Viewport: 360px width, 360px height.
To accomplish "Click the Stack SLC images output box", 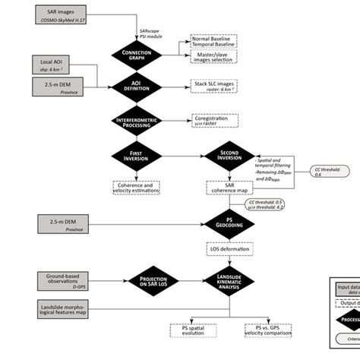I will click(x=217, y=87).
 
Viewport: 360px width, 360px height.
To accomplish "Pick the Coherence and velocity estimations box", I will click(x=137, y=187).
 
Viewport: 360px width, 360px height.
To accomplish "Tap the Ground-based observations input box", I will click(x=52, y=279).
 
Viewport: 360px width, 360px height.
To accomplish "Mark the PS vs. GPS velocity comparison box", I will click(x=270, y=330).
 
